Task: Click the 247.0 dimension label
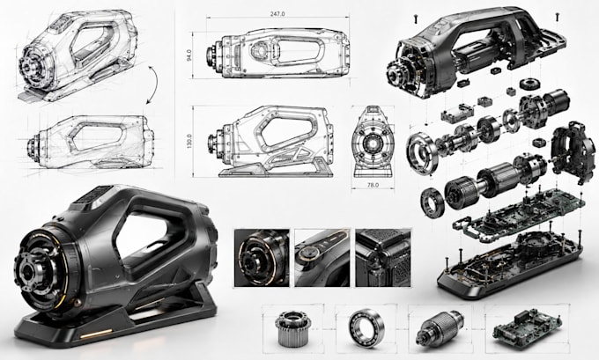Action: click(277, 14)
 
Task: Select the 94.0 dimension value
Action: click(189, 55)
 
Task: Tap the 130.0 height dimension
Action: click(190, 141)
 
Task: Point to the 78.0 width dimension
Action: click(373, 185)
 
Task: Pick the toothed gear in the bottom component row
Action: click(292, 328)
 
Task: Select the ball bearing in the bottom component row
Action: click(366, 328)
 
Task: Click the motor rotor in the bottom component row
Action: click(440, 328)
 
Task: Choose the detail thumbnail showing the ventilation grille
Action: click(383, 258)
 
